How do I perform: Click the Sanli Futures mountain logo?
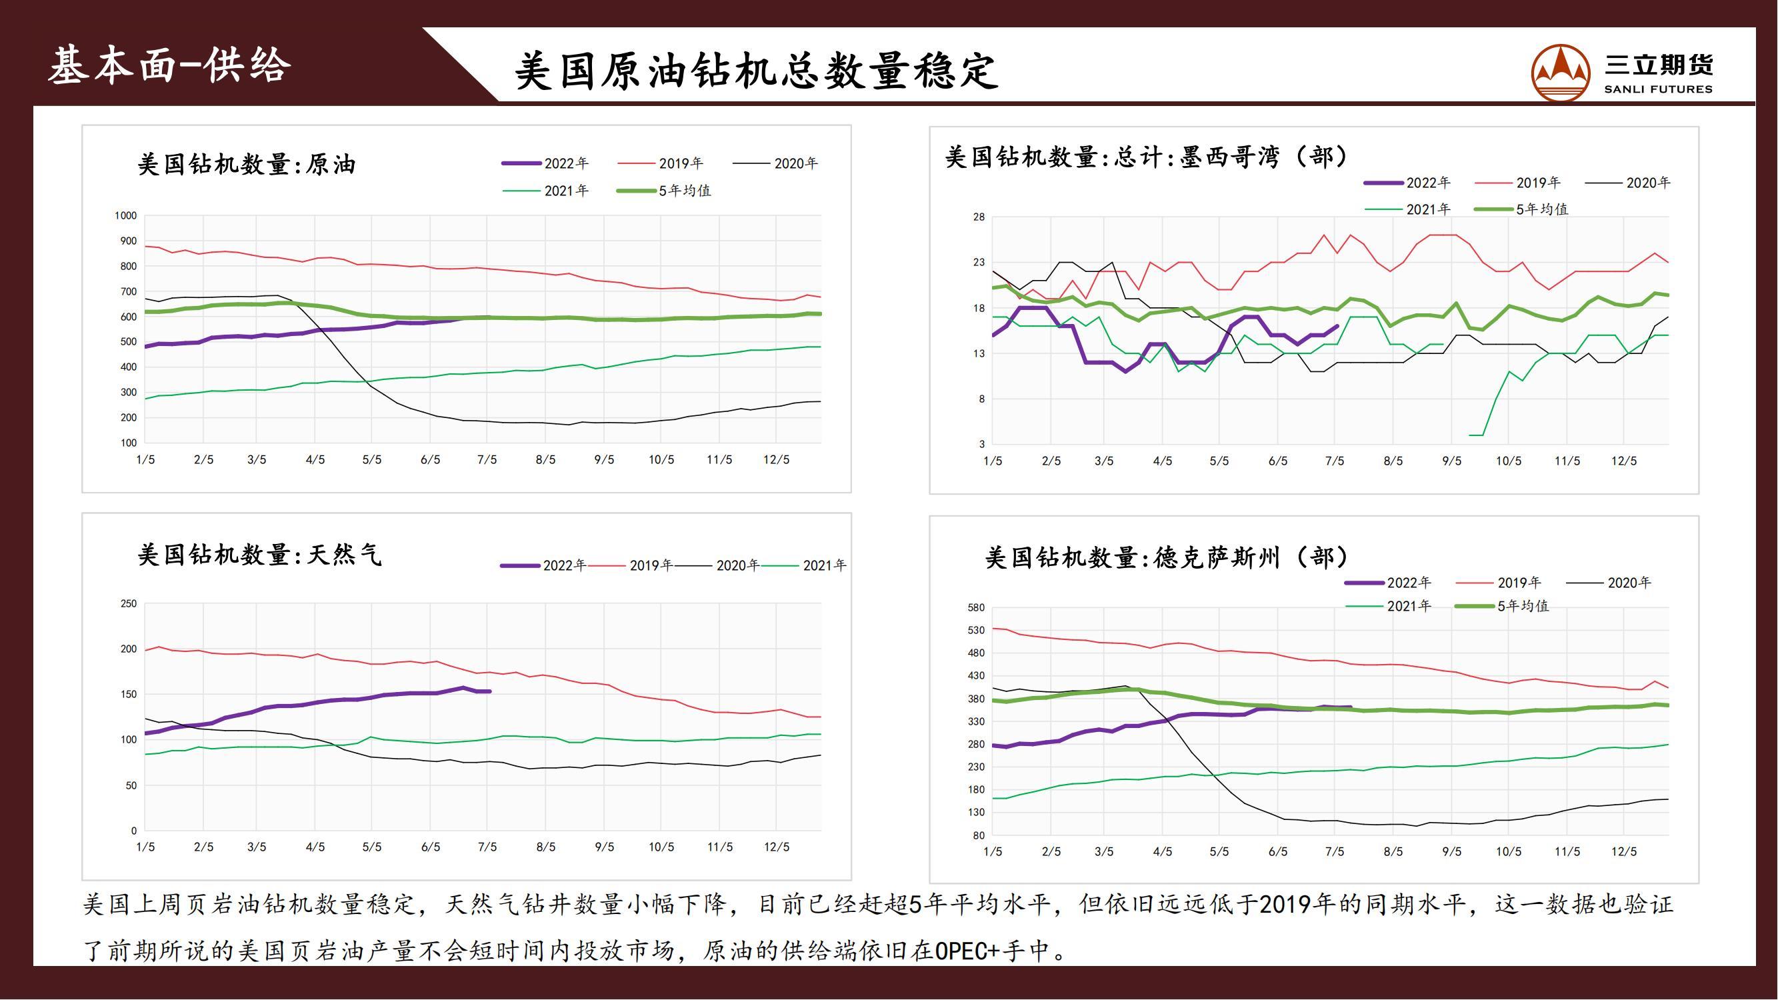(1560, 73)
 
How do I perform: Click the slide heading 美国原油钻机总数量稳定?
(756, 71)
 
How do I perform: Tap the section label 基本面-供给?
(169, 66)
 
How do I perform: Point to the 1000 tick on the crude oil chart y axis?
(125, 216)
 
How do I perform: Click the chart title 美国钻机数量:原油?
(247, 164)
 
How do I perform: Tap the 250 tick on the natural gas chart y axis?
(129, 604)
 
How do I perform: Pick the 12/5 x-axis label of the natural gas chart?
(777, 847)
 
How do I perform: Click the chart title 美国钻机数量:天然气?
(259, 555)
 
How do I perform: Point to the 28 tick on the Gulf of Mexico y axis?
(979, 217)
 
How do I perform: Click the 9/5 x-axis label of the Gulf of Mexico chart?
(1451, 461)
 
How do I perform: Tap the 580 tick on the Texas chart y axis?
(976, 608)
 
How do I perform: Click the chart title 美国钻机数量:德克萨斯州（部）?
(1167, 557)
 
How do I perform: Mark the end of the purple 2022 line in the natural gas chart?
(489, 691)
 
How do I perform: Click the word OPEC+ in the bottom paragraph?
(966, 951)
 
